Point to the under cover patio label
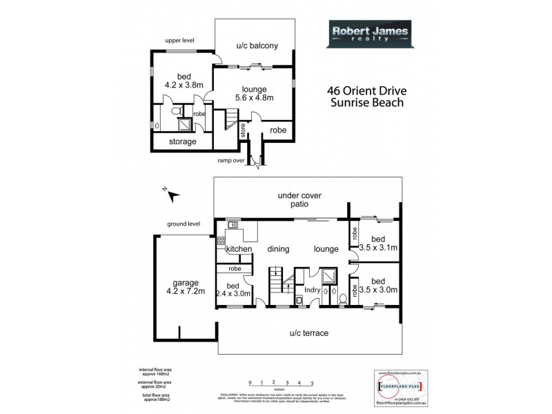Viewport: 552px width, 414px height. (x=299, y=200)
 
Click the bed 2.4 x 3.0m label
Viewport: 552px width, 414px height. (x=233, y=290)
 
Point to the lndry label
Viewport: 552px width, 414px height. (x=312, y=290)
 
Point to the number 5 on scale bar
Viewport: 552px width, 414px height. (x=313, y=382)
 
